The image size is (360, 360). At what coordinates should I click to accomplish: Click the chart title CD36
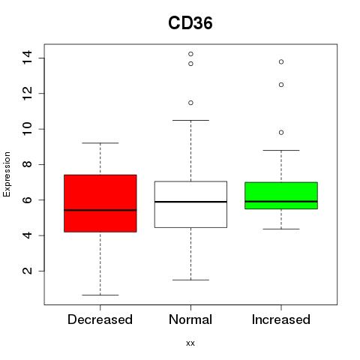click(190, 23)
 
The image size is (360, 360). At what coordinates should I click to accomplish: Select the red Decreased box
click(100, 203)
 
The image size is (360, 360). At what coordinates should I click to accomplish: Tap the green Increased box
click(281, 196)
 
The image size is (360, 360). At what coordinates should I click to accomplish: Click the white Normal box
click(190, 205)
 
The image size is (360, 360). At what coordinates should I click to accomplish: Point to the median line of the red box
click(100, 210)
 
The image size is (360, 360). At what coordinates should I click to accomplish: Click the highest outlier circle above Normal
click(190, 54)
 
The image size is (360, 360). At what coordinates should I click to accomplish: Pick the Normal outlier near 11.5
click(190, 103)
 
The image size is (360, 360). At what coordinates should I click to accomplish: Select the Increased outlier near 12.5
click(281, 85)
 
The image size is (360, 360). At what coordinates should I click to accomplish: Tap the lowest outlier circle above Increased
click(281, 133)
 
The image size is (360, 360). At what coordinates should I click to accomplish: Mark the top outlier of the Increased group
click(281, 61)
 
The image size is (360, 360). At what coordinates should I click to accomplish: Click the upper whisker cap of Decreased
click(100, 143)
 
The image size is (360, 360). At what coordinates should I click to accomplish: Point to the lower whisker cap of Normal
click(190, 280)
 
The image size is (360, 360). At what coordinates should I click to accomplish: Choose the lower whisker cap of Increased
click(281, 229)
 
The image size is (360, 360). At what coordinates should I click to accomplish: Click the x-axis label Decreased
click(100, 319)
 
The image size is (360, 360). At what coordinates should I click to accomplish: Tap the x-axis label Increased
click(281, 319)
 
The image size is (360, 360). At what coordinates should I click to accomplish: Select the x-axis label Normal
click(190, 319)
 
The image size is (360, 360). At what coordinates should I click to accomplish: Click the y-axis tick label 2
click(27, 271)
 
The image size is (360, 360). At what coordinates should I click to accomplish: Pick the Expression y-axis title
click(7, 174)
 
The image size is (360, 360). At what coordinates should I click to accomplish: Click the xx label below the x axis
click(190, 343)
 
